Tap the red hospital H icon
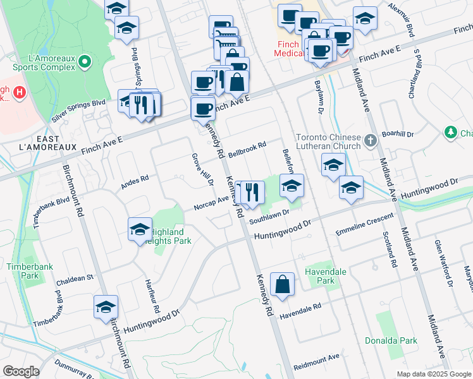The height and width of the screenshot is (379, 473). (x=19, y=93)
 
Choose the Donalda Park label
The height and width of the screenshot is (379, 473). (x=391, y=340)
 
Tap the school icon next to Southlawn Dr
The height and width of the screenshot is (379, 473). (x=292, y=185)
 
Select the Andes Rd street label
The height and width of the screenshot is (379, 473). (x=135, y=183)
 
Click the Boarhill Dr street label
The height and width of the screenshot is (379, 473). (x=397, y=134)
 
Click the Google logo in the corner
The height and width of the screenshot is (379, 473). (x=21, y=371)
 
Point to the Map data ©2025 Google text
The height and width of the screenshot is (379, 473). (x=433, y=374)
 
